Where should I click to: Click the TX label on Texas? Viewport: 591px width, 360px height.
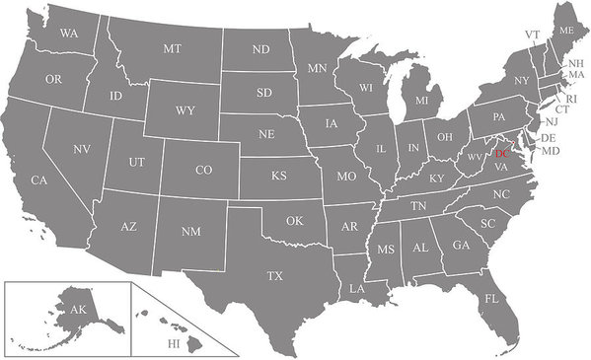[x=275, y=276]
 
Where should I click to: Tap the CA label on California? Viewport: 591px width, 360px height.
[x=39, y=180]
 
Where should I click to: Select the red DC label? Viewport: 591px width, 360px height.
[x=502, y=154]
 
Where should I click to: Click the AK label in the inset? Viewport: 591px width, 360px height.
[x=77, y=310]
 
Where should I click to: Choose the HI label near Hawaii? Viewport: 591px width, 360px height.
[x=174, y=343]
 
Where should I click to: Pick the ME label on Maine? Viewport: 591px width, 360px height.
[x=565, y=31]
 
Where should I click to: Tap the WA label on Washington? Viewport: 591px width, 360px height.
[x=69, y=34]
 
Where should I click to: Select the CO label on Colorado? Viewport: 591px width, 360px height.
[x=203, y=170]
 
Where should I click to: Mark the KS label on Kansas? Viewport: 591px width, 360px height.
[x=279, y=176]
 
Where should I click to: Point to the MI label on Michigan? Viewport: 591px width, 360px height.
[x=421, y=101]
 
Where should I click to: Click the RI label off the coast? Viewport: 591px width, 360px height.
[x=569, y=99]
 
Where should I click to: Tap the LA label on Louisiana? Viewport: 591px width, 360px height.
[x=356, y=289]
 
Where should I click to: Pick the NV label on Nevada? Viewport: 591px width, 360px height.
[x=82, y=149]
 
